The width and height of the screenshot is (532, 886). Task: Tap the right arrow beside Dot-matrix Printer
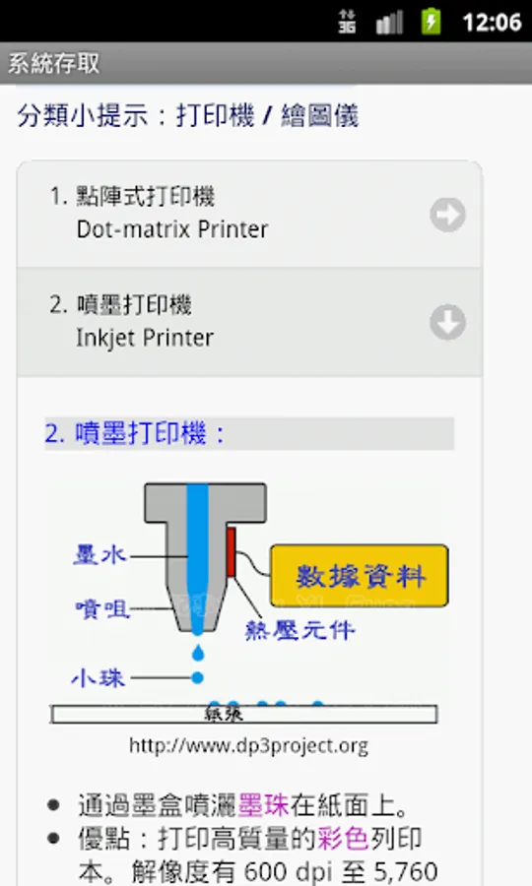[447, 215]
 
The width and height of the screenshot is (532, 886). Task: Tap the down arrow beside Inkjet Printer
[447, 322]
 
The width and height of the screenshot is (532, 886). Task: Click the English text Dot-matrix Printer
[172, 229]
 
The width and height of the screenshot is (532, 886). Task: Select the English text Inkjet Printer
[145, 338]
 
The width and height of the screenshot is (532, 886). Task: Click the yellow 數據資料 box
[360, 575]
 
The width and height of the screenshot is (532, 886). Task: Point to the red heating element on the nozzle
[231, 552]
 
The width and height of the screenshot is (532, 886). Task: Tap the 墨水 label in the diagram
[100, 554]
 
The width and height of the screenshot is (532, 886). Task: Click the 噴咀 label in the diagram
[102, 609]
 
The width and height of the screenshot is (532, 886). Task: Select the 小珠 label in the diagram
[99, 677]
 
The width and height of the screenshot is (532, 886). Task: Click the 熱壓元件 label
[299, 629]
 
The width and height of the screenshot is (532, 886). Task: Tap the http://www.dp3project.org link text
[248, 746]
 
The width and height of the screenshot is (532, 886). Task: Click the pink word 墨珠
[263, 805]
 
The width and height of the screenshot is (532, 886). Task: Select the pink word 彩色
[343, 838]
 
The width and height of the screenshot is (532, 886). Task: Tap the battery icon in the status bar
[431, 22]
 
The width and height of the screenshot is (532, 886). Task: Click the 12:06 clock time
[492, 23]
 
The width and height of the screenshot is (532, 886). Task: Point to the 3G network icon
[347, 22]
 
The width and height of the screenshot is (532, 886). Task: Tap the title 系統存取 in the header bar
[54, 63]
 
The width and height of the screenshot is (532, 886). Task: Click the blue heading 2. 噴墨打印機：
[135, 434]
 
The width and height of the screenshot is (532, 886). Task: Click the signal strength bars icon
[389, 23]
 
